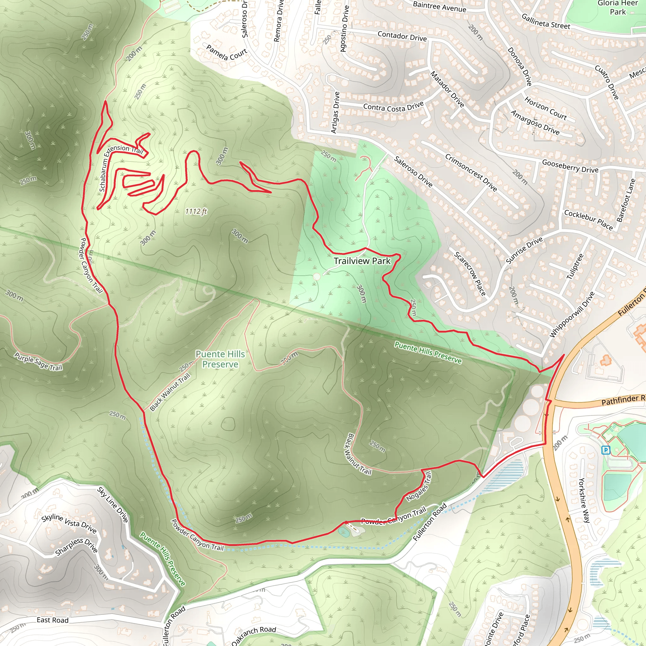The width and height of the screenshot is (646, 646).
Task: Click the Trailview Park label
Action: point(362,261)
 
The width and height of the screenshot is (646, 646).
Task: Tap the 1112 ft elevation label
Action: point(196,211)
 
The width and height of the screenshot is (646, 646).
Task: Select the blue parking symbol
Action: point(606,450)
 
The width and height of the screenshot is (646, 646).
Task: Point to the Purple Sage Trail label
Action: point(38,362)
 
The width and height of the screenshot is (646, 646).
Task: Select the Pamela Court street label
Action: point(226,53)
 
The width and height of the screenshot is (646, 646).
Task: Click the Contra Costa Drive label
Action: point(394,107)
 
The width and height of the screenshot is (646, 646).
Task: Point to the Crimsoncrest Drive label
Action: point(471,173)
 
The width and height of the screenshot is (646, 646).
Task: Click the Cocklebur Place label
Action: point(589,220)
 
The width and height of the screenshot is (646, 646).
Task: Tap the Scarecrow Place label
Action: point(469,274)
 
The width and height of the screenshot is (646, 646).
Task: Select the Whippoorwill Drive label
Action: point(572,314)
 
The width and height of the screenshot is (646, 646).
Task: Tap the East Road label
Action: point(52,620)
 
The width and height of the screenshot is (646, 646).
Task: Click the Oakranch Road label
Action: point(254,635)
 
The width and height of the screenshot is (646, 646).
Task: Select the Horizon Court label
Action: point(545,108)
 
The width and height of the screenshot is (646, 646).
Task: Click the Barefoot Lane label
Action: point(625,201)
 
